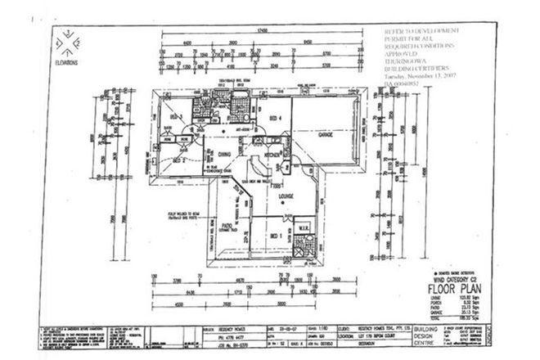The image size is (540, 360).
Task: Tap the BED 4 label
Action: click(274, 118)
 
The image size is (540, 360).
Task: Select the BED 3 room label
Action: click(175, 118)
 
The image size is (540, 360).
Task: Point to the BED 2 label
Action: click(177, 161)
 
